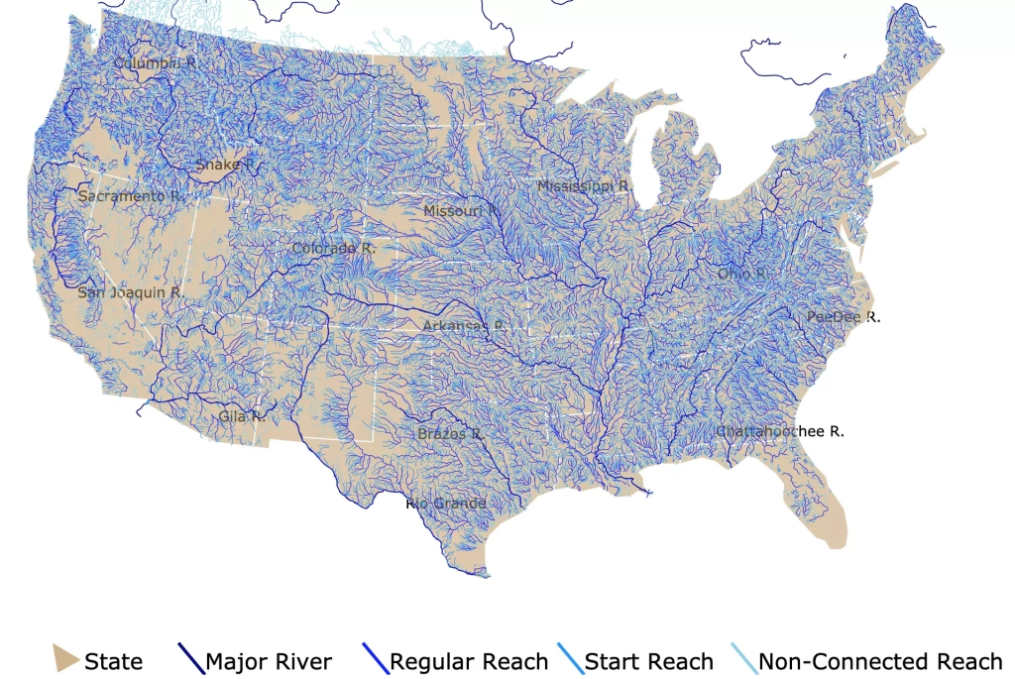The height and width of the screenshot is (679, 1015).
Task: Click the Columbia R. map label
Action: click(x=155, y=62)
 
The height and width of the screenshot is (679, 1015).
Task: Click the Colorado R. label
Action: click(x=333, y=248)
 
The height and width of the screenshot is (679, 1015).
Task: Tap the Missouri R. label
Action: click(x=462, y=211)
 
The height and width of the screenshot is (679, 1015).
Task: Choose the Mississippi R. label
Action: click(x=584, y=185)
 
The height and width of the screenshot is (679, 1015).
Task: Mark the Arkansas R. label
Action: click(x=464, y=325)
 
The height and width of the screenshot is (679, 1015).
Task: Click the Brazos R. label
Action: click(x=449, y=434)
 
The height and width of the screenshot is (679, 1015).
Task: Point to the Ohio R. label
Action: click(x=743, y=273)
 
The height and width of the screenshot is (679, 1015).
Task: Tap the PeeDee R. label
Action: click(x=843, y=317)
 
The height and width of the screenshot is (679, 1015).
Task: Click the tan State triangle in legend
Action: click(x=64, y=658)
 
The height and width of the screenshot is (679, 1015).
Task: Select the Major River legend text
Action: click(x=268, y=661)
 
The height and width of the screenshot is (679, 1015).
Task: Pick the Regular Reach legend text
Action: click(x=469, y=661)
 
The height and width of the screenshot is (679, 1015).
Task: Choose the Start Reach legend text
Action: click(x=648, y=661)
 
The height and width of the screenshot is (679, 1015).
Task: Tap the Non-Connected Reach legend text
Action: click(x=880, y=661)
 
